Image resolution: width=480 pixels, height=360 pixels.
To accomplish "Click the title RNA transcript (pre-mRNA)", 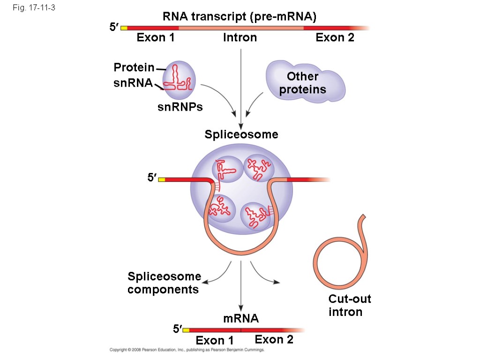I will [x=240, y=17].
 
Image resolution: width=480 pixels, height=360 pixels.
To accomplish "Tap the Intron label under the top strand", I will [x=240, y=37].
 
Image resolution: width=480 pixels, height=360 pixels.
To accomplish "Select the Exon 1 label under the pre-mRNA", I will [x=156, y=37].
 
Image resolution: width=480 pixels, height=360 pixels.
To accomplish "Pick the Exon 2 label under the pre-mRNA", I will [x=335, y=37].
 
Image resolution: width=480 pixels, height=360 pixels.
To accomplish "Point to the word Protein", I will [x=134, y=68].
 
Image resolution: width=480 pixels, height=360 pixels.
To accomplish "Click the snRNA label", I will [x=133, y=83].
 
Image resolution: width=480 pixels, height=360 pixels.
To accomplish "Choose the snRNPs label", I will [x=180, y=107].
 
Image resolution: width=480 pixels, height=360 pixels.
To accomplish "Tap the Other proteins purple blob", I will [x=305, y=82].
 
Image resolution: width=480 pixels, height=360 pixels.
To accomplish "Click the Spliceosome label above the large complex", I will [x=241, y=135].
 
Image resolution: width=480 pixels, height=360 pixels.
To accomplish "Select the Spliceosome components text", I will [x=164, y=283].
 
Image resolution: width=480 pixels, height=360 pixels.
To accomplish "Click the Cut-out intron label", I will [x=349, y=305].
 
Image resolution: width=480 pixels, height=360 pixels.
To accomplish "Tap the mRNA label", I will [x=241, y=319].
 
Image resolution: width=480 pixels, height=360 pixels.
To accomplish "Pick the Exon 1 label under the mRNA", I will [x=215, y=341].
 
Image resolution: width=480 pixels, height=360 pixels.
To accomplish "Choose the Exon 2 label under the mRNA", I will [x=274, y=339].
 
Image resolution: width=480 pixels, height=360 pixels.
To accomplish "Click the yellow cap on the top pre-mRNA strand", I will [x=124, y=28].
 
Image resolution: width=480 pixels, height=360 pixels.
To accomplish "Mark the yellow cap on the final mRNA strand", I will [x=186, y=330].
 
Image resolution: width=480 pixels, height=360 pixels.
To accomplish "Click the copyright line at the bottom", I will [x=187, y=350].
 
